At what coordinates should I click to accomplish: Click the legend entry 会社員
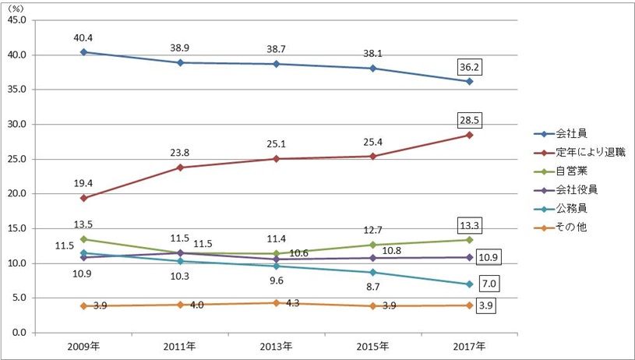pyautogui.click(x=574, y=133)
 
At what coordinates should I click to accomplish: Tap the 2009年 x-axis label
pyautogui.click(x=83, y=345)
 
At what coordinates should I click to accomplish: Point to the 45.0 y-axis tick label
pyautogui.click(x=16, y=20)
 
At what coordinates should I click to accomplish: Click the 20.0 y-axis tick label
pyautogui.click(x=16, y=194)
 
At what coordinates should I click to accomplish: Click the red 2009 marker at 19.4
pyautogui.click(x=83, y=198)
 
